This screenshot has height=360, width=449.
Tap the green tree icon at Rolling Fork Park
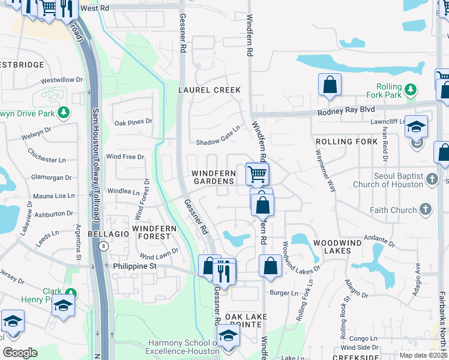tap(411, 91)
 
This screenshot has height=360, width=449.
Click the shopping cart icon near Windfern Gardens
tap(257, 175)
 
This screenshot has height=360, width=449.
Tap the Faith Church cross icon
tap(425, 209)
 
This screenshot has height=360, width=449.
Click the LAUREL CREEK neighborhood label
tap(209, 90)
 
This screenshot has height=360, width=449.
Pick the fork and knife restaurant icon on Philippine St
tap(224, 274)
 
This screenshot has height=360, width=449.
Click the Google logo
tap(20, 353)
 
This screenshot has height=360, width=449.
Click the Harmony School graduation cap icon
tap(228, 337)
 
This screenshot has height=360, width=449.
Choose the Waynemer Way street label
tap(325, 170)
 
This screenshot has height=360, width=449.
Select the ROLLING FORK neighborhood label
tap(338, 142)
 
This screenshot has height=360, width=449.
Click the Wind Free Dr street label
tap(125, 157)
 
